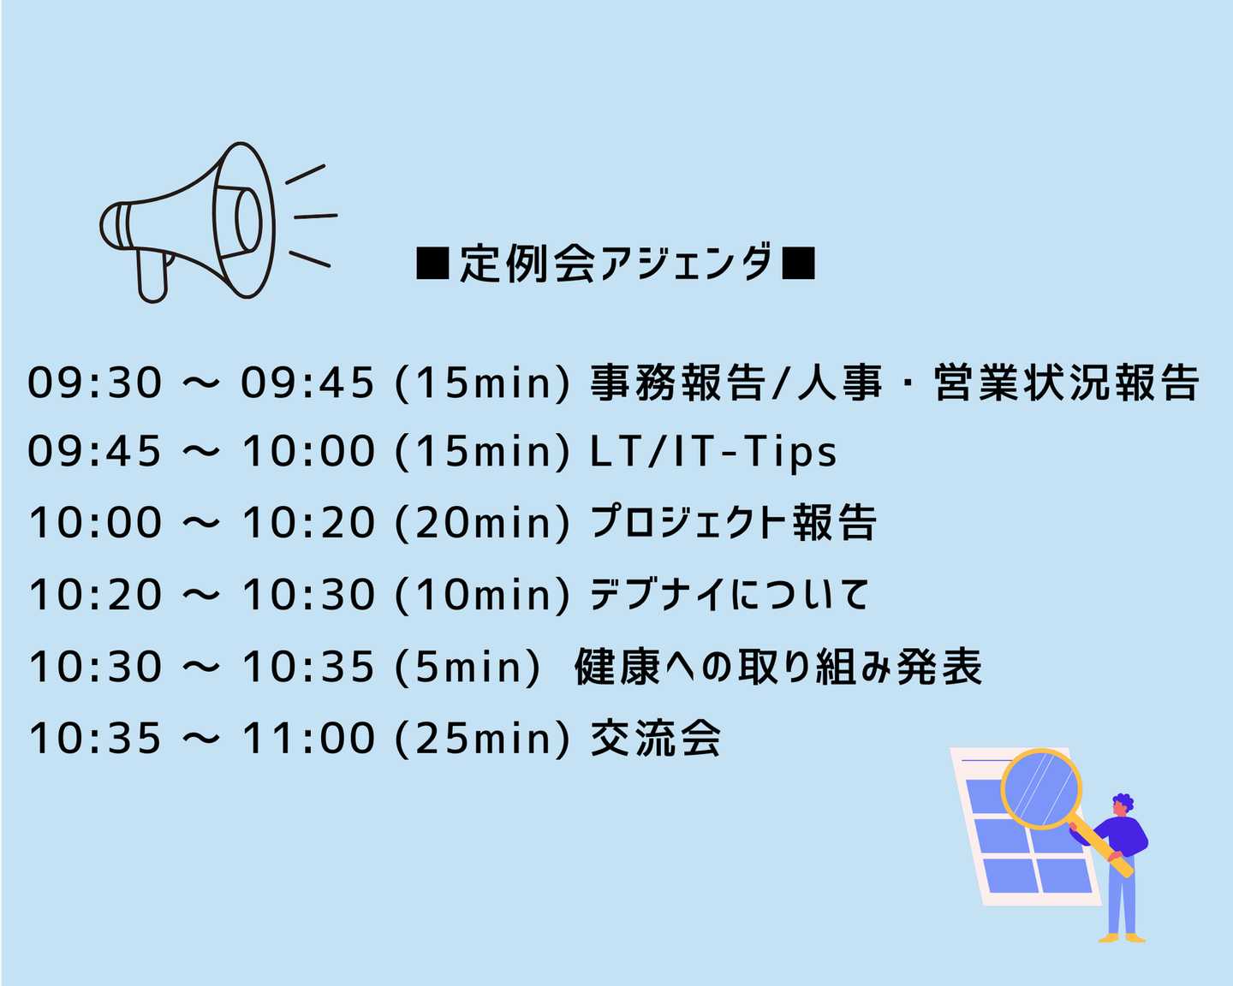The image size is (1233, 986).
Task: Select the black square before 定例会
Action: tap(432, 264)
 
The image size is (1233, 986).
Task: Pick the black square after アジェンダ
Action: tap(798, 264)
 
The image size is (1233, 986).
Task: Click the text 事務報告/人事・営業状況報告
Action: tap(895, 382)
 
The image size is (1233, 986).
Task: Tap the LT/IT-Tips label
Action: tap(713, 451)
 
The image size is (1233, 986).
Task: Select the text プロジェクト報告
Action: tap(733, 522)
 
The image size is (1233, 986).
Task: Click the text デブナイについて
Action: tap(730, 594)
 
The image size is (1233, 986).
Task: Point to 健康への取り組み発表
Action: tap(778, 666)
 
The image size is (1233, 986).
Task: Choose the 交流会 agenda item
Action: tap(655, 738)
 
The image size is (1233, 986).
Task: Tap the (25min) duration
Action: tap(483, 739)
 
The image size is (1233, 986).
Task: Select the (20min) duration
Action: tap(483, 523)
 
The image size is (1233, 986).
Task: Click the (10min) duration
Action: tap(483, 595)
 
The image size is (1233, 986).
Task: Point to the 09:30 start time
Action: tap(94, 383)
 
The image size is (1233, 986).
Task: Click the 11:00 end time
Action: tap(307, 739)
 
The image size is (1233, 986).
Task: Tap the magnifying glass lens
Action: tap(1041, 789)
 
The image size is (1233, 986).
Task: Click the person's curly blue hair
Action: tap(1123, 801)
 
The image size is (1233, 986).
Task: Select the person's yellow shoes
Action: tap(1122, 938)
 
